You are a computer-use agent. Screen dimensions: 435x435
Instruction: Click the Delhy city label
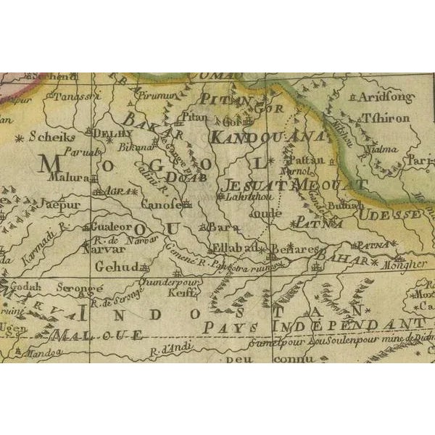pyautogui.click(x=116, y=133)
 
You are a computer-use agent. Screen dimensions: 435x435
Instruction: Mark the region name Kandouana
pyautogui.click(x=265, y=136)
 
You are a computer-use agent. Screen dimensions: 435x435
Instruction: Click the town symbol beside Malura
pyautogui.click(x=94, y=177)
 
